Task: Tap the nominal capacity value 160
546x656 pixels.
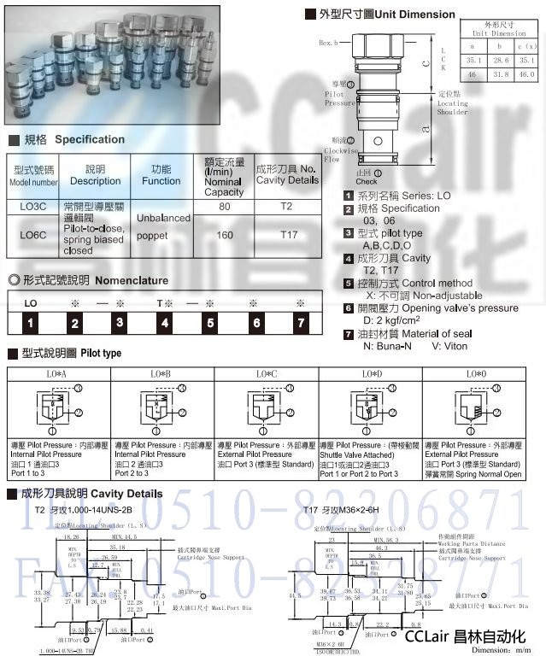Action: click(225, 235)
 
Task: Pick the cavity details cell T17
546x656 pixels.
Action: click(286, 235)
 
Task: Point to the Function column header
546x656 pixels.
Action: click(161, 175)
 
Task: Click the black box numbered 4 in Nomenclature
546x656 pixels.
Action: click(164, 322)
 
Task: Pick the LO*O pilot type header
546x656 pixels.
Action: click(474, 374)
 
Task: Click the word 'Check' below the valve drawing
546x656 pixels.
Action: click(367, 181)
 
